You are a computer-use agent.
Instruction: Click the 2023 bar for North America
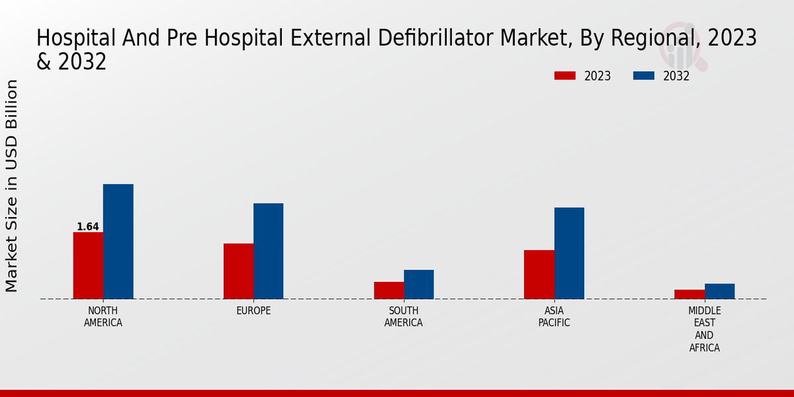pyautogui.click(x=88, y=265)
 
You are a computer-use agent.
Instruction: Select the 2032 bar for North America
pyautogui.click(x=118, y=242)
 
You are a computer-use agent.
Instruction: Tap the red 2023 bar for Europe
pyautogui.click(x=238, y=271)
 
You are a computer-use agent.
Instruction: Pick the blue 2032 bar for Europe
pyautogui.click(x=268, y=251)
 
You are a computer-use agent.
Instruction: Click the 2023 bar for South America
pyautogui.click(x=388, y=290)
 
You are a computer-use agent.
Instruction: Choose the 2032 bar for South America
pyautogui.click(x=419, y=285)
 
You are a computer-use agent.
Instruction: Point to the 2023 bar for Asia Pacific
pyautogui.click(x=539, y=275)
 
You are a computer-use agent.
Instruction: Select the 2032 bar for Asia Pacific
pyautogui.click(x=569, y=253)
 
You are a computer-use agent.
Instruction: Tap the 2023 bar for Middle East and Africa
pyautogui.click(x=689, y=294)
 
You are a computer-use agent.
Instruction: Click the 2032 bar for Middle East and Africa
pyautogui.click(x=719, y=291)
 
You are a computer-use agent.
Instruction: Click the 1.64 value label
pyautogui.click(x=88, y=227)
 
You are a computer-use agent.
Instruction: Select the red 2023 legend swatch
pyautogui.click(x=565, y=76)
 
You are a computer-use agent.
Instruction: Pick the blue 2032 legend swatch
pyautogui.click(x=644, y=76)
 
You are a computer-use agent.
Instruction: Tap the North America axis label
pyautogui.click(x=103, y=317)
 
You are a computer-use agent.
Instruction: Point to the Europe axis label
pyautogui.click(x=253, y=311)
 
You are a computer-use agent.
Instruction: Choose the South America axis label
pyautogui.click(x=404, y=317)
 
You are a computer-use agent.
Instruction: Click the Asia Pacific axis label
pyautogui.click(x=554, y=317)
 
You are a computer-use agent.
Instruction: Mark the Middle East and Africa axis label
pyautogui.click(x=705, y=329)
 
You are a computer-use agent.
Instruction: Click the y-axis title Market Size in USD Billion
pyautogui.click(x=12, y=185)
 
